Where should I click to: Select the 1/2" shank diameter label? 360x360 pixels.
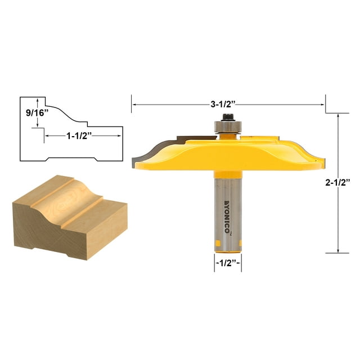(x=228, y=263)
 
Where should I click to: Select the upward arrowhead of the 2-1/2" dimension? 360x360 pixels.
(x=338, y=116)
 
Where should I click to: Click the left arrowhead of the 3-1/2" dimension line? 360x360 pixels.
(x=134, y=104)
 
